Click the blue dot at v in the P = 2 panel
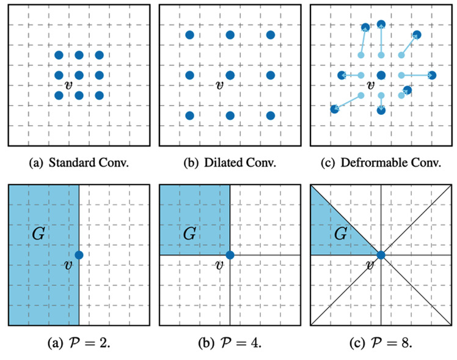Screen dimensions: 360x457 click(x=79, y=254)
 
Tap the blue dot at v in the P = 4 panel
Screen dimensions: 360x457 click(x=230, y=254)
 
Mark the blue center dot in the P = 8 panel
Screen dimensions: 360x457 click(x=381, y=254)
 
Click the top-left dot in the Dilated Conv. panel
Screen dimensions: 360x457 click(x=189, y=35)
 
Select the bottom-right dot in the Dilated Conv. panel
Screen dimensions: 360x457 click(x=271, y=115)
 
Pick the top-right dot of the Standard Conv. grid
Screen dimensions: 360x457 click(x=99, y=56)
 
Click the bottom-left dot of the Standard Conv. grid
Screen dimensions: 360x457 click(x=59, y=95)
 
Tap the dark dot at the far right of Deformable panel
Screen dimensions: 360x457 click(x=432, y=75)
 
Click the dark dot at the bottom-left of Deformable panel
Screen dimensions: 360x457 click(x=334, y=109)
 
